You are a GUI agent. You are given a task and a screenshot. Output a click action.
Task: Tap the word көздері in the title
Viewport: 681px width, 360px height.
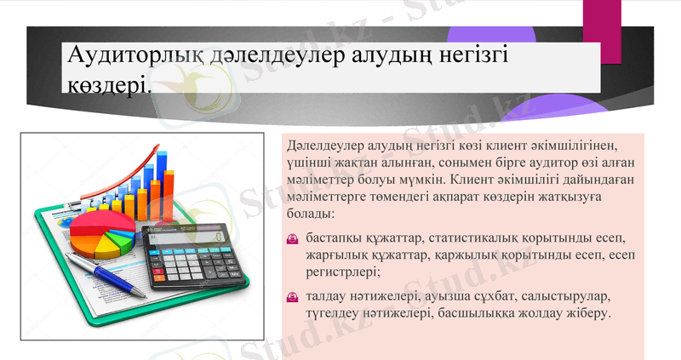(x=110, y=84)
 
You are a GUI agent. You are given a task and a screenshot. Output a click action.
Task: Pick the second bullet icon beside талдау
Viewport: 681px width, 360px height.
(x=292, y=297)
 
